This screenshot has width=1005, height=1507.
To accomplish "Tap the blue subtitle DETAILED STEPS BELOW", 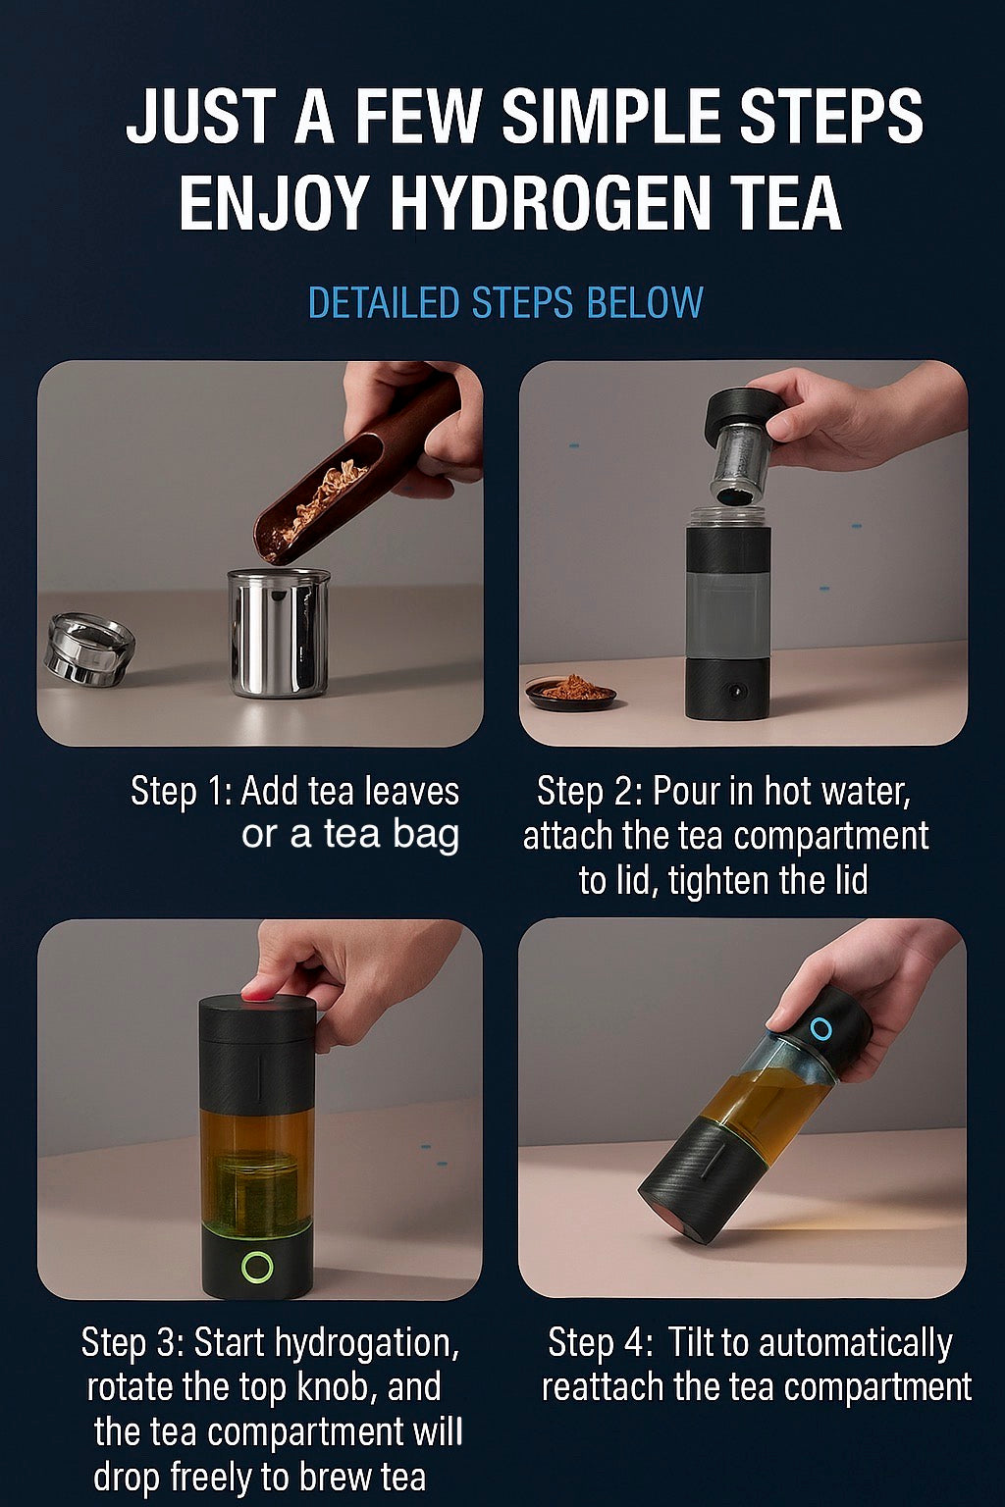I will pos(504,303).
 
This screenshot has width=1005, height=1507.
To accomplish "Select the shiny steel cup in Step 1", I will pos(278,633).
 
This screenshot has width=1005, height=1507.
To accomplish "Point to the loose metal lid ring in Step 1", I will pos(88,649).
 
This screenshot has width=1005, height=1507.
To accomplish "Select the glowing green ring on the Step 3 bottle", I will pos(257,1266).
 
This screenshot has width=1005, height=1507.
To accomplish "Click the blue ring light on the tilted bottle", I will pos(820,1029).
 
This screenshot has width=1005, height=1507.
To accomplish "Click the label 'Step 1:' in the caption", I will pos(181,791).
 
